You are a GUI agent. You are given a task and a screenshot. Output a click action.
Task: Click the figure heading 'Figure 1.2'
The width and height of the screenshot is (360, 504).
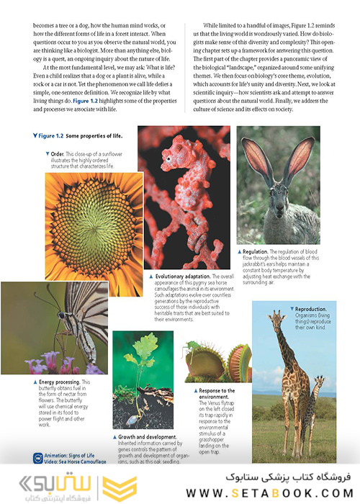55,135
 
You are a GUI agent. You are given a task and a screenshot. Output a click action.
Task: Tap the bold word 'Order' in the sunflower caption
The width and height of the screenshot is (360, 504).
56,153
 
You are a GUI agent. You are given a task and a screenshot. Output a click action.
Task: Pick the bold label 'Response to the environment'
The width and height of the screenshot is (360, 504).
217,394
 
